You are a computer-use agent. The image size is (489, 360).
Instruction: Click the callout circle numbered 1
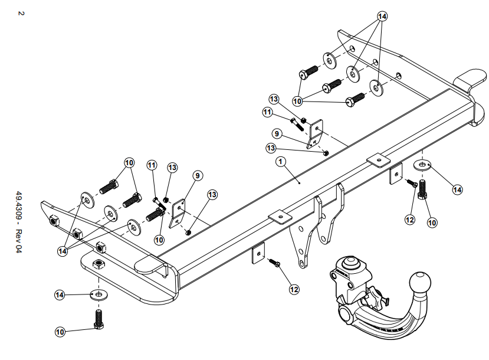point(281,161)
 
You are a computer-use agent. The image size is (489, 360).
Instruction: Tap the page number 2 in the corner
point(21,14)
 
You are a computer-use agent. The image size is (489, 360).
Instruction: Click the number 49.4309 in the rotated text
point(19,206)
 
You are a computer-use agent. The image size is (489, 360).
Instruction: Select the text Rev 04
point(19,241)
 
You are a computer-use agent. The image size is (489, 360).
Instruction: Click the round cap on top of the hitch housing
point(352,264)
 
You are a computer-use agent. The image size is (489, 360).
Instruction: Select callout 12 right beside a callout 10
point(410,220)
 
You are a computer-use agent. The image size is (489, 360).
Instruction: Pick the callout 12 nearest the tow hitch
point(294,290)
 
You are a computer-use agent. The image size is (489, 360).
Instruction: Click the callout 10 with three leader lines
point(297,101)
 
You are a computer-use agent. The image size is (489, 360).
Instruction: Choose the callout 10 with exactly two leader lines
point(129,162)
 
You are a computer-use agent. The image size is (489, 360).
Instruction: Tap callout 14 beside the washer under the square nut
point(60,295)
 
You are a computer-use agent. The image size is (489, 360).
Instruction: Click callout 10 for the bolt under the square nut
point(60,332)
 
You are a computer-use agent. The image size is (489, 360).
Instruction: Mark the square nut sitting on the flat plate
point(99,265)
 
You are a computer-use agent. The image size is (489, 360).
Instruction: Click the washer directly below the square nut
point(99,294)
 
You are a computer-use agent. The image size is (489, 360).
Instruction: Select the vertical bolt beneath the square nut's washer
point(99,319)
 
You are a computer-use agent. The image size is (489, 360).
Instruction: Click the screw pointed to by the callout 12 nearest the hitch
point(274,263)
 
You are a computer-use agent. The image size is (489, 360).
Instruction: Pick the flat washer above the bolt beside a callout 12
point(422,165)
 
